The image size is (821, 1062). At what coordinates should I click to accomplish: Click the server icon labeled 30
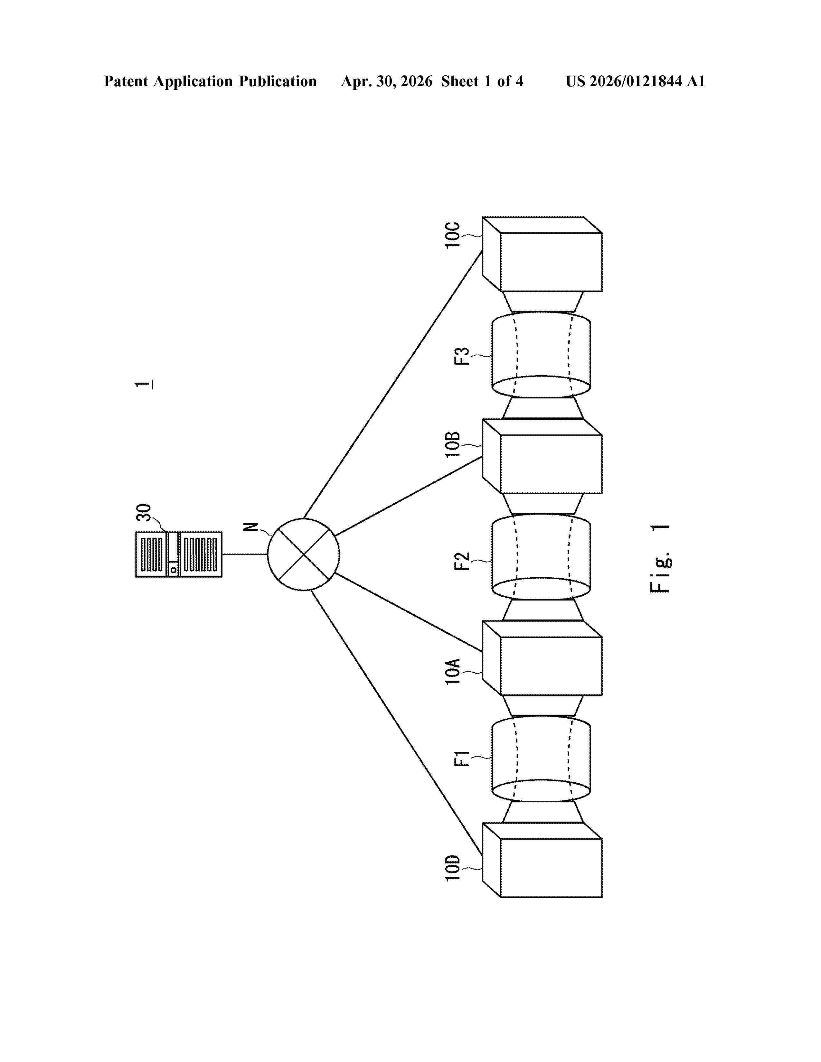(178, 554)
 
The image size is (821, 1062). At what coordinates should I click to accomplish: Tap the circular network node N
(304, 554)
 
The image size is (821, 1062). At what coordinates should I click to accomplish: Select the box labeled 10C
(542, 254)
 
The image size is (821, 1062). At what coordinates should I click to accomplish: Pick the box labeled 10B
(542, 456)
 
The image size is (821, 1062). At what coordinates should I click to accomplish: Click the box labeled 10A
(542, 658)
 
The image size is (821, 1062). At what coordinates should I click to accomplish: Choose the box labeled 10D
(542, 860)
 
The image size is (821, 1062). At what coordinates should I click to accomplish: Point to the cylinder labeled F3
(541, 355)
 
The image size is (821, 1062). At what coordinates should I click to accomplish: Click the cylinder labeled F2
(541, 557)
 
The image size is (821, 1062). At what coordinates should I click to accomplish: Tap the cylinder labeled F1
(541, 759)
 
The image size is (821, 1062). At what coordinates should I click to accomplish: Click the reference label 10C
(452, 235)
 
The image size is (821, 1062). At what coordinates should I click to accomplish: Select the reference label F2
(462, 561)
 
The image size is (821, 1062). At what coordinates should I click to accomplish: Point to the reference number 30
(144, 513)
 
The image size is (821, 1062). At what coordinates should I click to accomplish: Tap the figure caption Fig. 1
(660, 559)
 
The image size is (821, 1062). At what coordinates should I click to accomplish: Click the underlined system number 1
(144, 385)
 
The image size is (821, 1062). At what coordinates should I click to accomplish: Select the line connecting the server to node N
(245, 554)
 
